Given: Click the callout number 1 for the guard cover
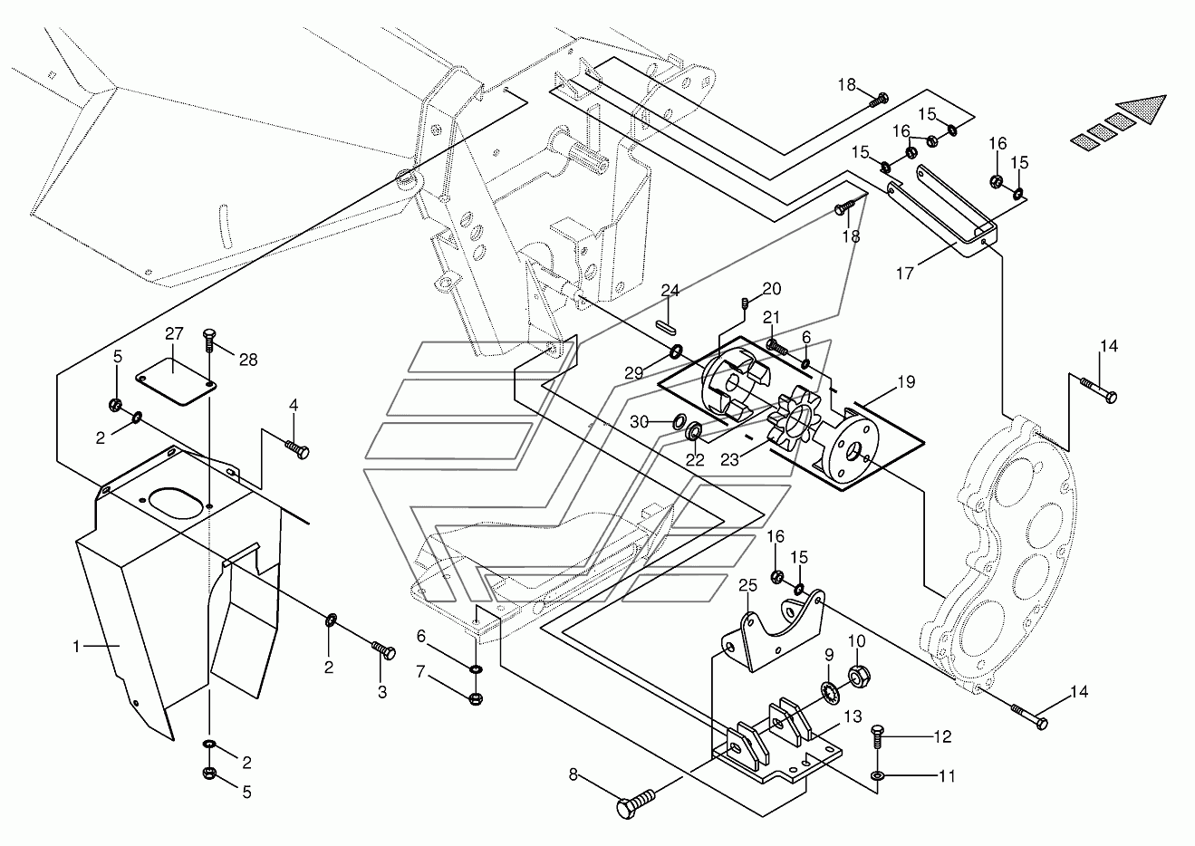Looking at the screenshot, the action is click(76, 647).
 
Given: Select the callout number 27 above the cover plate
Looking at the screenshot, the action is click(175, 333).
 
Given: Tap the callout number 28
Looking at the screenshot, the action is click(248, 361).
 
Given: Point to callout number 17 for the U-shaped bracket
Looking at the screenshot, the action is click(905, 274).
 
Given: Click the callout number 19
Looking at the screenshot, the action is click(906, 381).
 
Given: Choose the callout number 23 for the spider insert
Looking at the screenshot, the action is click(730, 460).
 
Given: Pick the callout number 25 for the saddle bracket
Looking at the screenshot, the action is click(748, 585).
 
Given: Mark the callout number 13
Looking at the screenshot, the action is click(853, 716).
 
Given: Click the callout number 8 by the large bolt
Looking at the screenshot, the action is click(573, 774).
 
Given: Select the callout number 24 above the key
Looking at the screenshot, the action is click(670, 290).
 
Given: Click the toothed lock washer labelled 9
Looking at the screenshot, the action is click(831, 691).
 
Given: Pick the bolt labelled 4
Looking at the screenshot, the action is click(297, 450).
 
